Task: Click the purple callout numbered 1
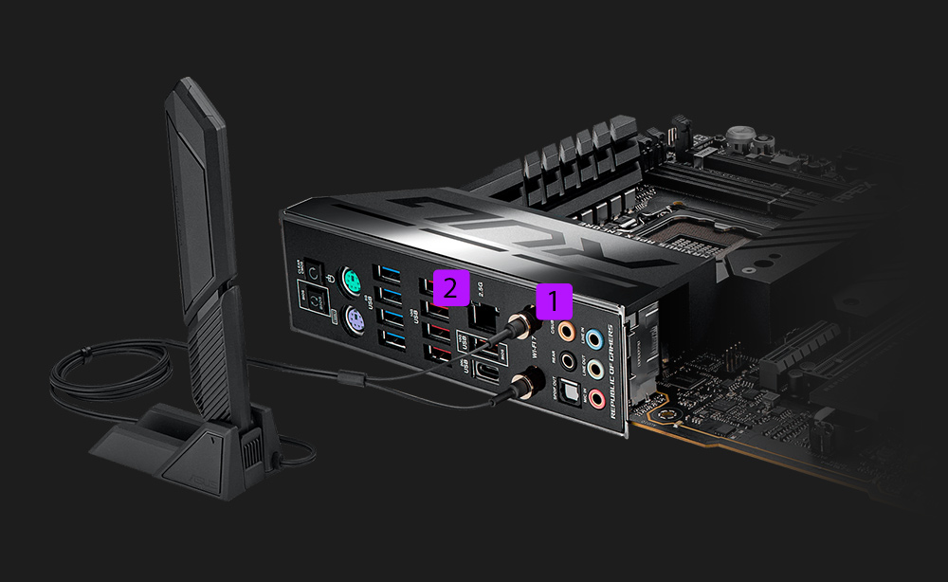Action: pos(555,301)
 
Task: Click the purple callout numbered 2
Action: pos(450,286)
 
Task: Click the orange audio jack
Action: pos(566,331)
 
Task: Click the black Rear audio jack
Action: pos(568,359)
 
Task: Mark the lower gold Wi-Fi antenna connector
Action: pos(524,381)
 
